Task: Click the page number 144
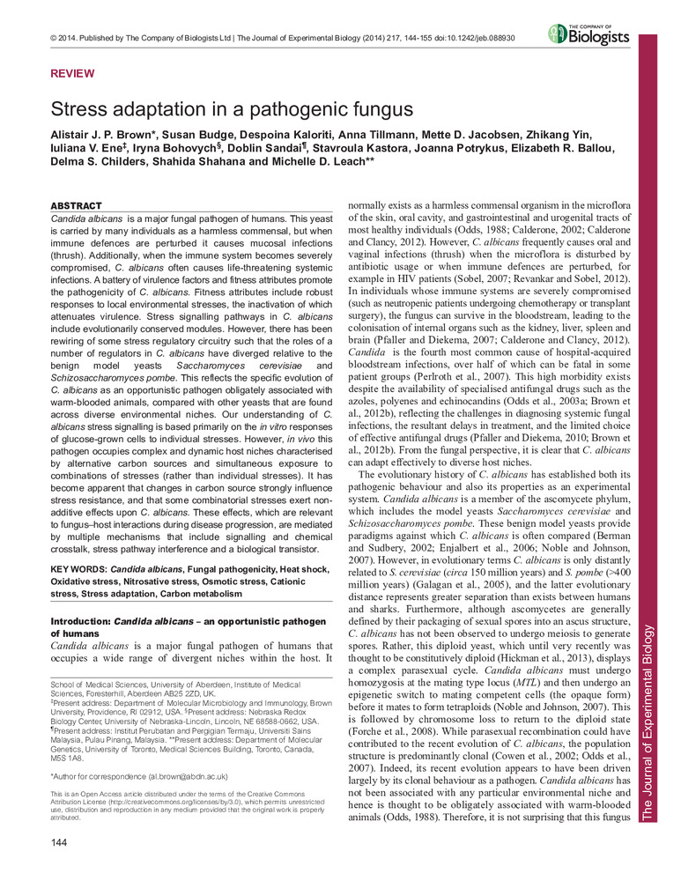[61, 848]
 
